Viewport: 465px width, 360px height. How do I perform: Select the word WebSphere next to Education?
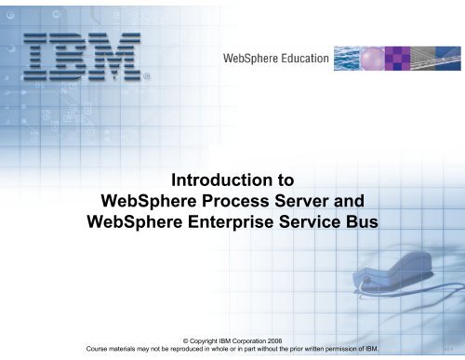[247, 60]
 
